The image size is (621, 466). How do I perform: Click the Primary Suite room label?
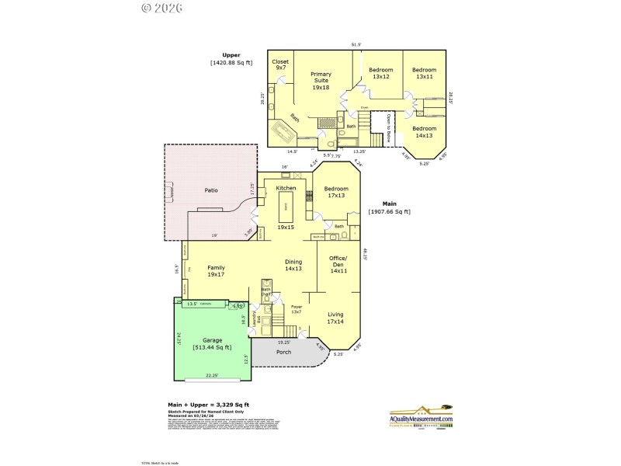321,81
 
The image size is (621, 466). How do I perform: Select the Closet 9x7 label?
281,64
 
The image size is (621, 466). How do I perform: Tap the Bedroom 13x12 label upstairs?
380,73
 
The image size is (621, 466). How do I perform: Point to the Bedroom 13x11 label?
424,73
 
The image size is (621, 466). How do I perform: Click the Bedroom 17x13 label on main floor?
335,192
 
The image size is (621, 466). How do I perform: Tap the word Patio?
211,190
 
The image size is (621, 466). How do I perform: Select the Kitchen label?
286,188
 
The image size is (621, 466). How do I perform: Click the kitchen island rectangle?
286,207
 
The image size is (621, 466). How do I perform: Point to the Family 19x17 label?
216,270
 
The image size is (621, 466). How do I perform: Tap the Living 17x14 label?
335,318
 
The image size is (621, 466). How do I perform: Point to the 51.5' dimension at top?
356,44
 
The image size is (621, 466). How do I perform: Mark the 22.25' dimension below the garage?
212,375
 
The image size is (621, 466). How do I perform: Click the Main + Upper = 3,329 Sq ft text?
208,405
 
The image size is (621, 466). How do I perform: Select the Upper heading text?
231,55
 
